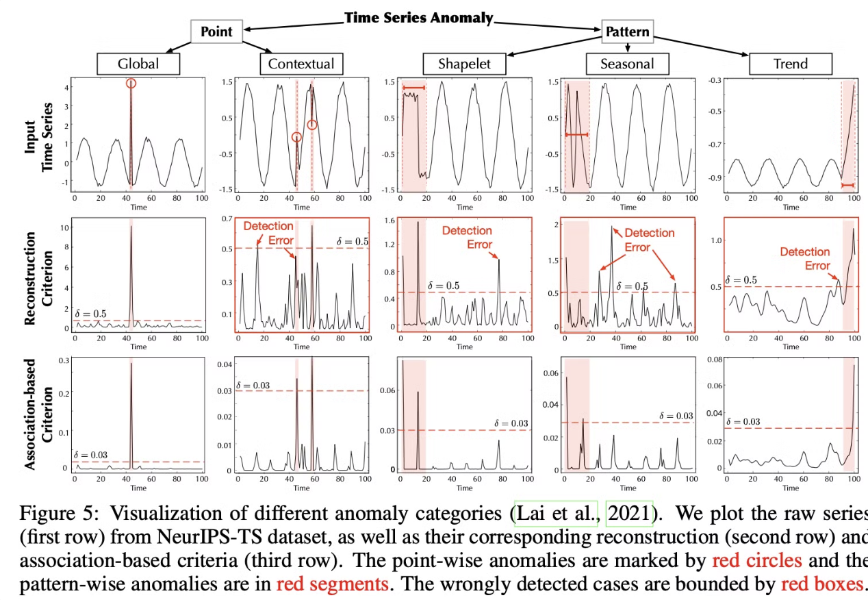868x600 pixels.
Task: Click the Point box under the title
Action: click(216, 32)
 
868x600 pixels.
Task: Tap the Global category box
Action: click(138, 64)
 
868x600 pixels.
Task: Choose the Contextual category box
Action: click(301, 64)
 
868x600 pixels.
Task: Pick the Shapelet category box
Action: click(464, 64)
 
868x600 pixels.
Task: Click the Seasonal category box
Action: click(627, 64)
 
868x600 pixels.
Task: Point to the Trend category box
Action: click(791, 64)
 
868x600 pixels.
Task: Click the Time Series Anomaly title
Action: click(418, 18)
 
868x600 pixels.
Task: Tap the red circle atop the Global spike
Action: click(131, 83)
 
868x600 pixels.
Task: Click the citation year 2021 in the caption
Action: click(630, 514)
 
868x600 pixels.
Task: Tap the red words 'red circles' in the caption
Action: click(754, 561)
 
